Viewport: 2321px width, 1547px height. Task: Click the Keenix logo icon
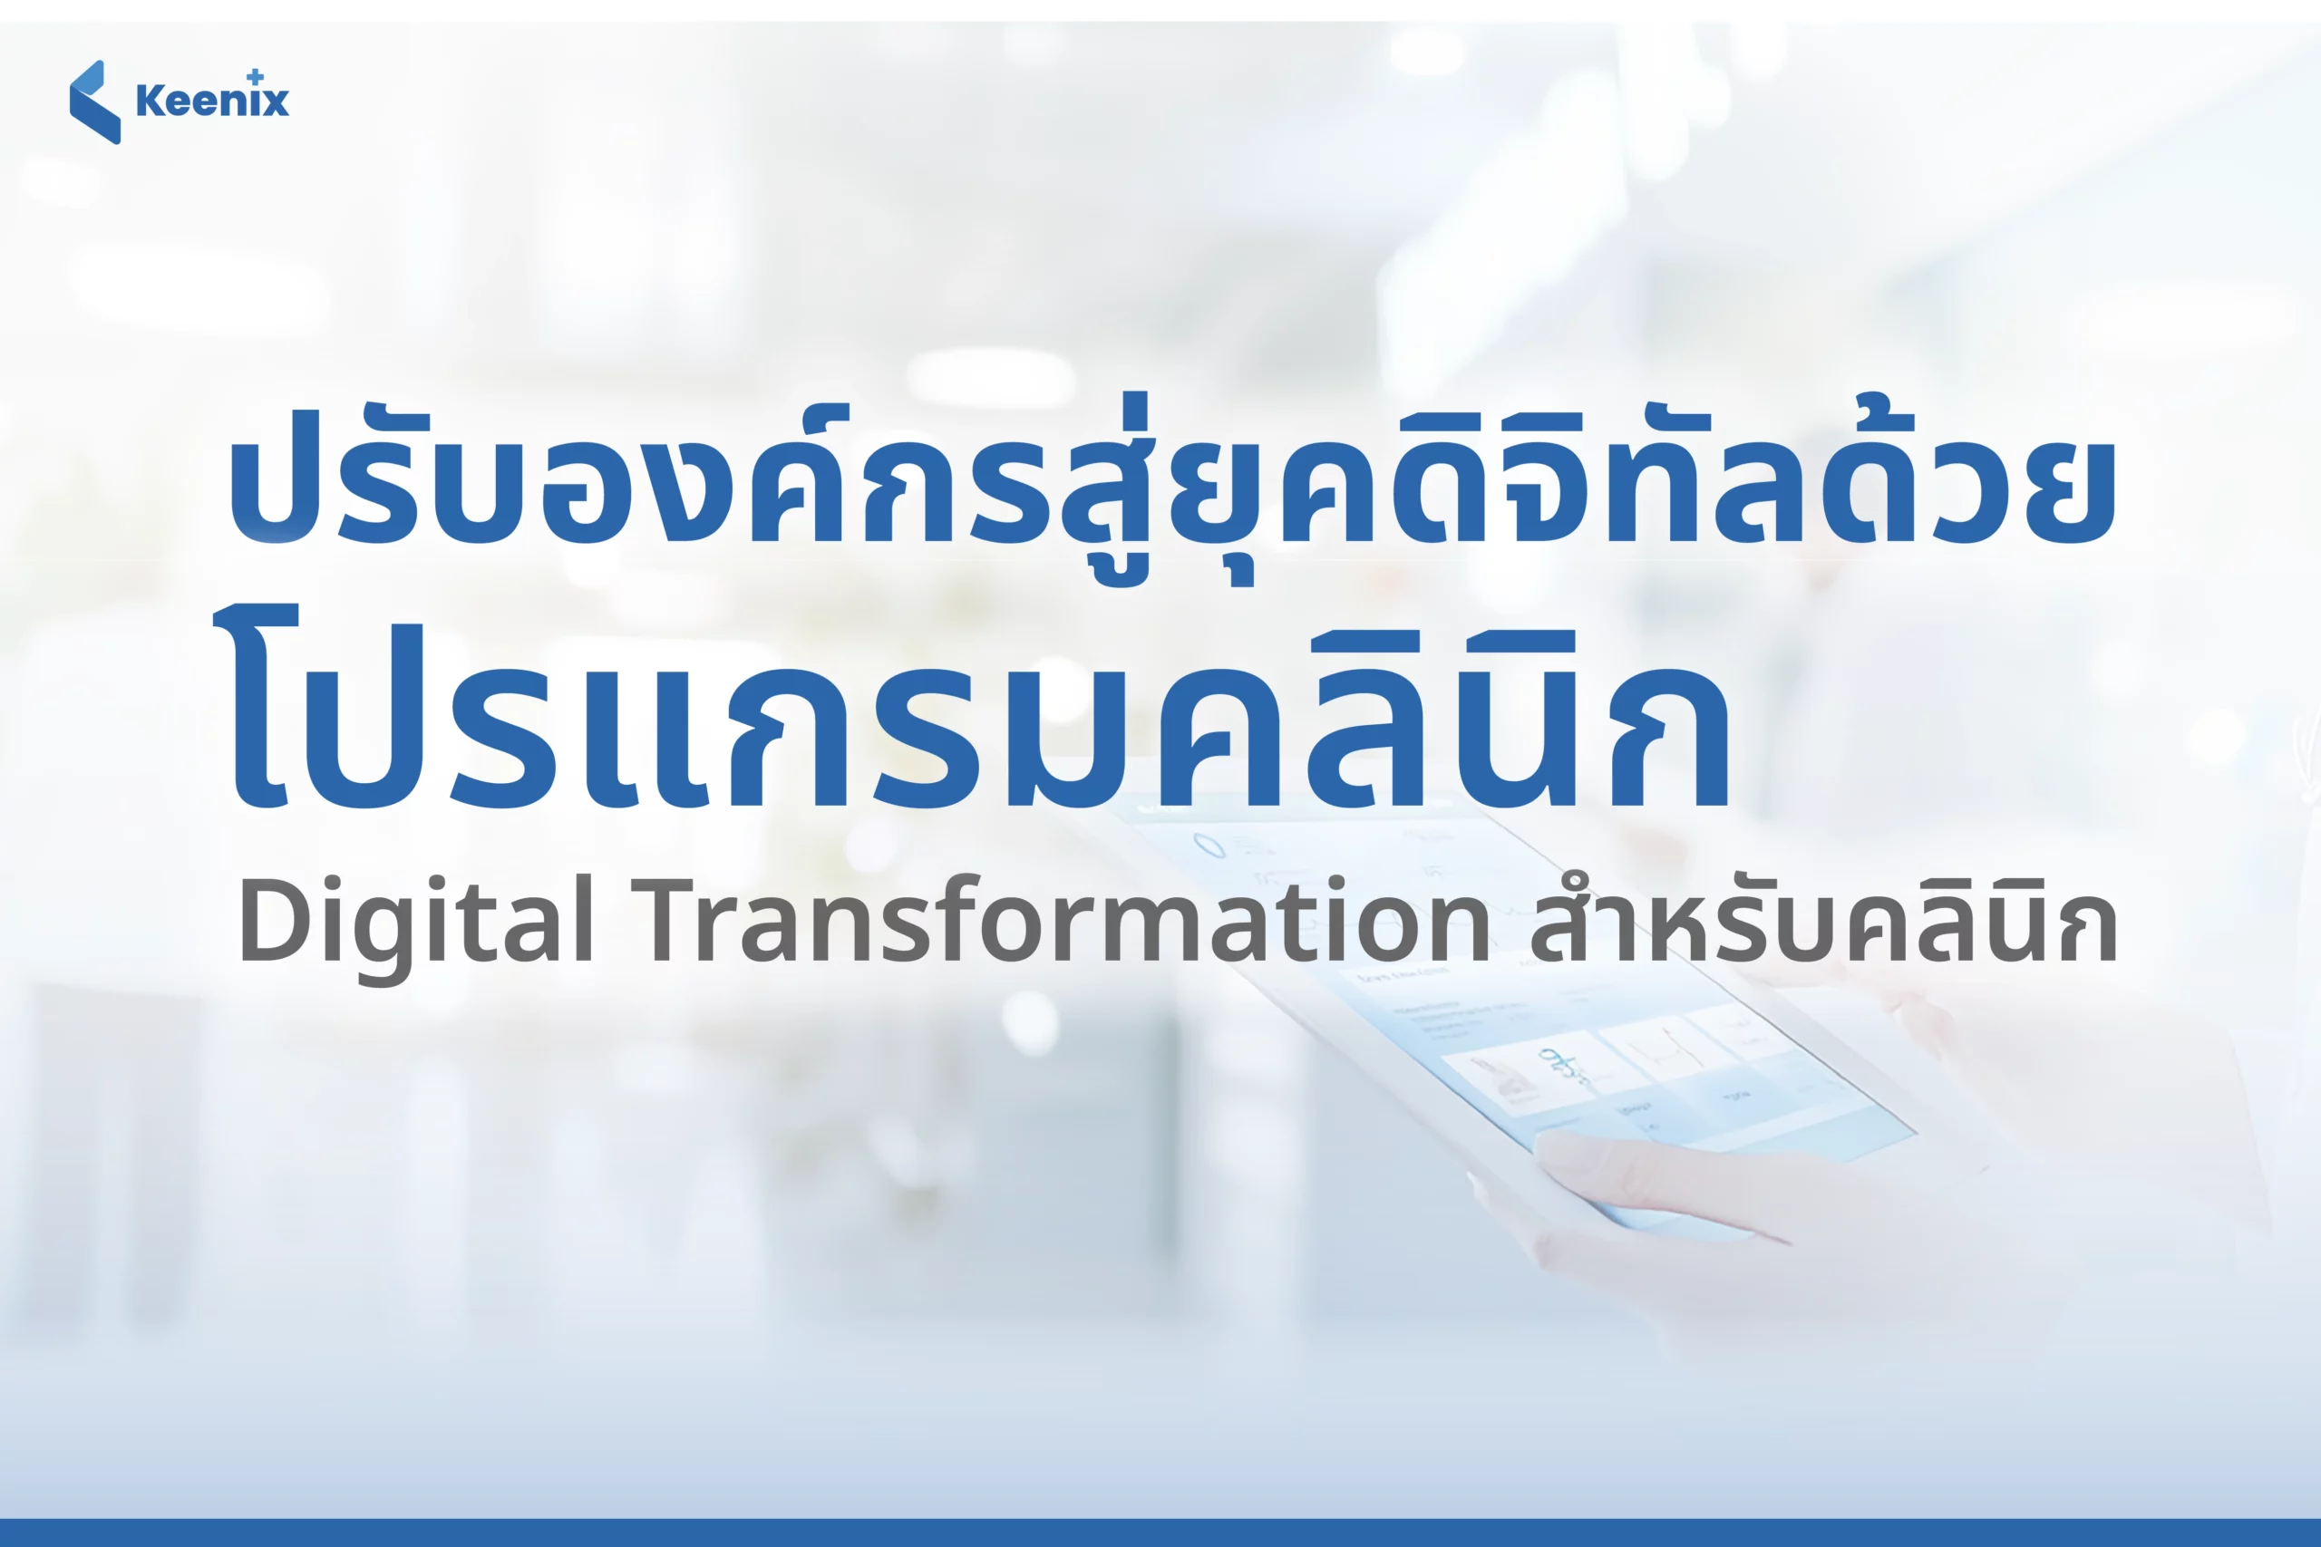[94, 102]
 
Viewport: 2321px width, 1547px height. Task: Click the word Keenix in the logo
[212, 101]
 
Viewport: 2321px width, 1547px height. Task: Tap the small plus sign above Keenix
[256, 76]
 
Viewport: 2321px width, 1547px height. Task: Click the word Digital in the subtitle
[415, 922]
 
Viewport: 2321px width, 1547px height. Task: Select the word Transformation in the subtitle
[1067, 917]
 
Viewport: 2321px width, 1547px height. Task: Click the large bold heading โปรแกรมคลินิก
[971, 711]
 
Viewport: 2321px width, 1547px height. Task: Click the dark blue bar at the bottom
[1160, 1533]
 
